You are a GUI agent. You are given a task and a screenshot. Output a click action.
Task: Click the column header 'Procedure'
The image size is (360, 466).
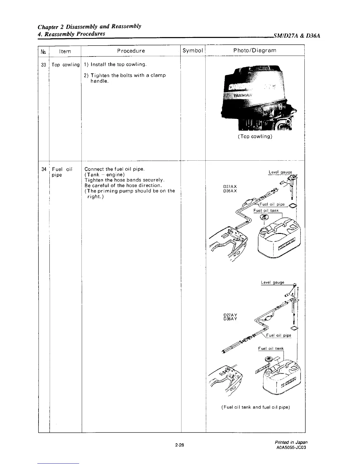pyautogui.click(x=131, y=51)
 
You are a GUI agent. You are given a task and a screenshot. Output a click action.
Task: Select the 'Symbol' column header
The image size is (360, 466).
pyautogui.click(x=193, y=51)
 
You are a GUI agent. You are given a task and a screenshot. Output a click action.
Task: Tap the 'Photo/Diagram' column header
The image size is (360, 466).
pyautogui.click(x=255, y=50)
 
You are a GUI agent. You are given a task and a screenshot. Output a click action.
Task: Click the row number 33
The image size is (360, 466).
pyautogui.click(x=44, y=65)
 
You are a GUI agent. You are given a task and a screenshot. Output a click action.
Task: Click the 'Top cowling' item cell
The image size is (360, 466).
pyautogui.click(x=66, y=65)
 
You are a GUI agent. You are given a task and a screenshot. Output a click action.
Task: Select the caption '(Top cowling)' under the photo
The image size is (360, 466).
pyautogui.click(x=255, y=137)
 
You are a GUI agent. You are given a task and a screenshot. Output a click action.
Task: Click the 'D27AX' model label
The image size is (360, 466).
pyautogui.click(x=230, y=187)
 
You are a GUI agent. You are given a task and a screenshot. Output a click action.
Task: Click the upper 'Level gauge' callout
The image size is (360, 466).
pyautogui.click(x=280, y=172)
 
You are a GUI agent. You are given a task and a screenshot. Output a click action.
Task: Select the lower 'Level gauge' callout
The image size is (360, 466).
pyautogui.click(x=273, y=282)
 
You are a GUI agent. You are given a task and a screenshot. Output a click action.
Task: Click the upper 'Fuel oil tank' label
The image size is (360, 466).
pyautogui.click(x=266, y=211)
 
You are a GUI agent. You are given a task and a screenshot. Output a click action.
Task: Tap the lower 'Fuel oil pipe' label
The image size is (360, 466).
pyautogui.click(x=279, y=335)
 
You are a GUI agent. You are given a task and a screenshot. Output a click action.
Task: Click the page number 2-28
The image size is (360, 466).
pyautogui.click(x=179, y=445)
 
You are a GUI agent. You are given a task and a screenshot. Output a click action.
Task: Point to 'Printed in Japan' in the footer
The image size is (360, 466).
pyautogui.click(x=291, y=442)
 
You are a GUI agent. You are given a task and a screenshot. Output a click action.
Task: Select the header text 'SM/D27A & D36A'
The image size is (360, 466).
pyautogui.click(x=296, y=36)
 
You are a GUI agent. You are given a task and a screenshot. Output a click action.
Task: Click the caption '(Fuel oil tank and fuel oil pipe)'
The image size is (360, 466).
pyautogui.click(x=255, y=407)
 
